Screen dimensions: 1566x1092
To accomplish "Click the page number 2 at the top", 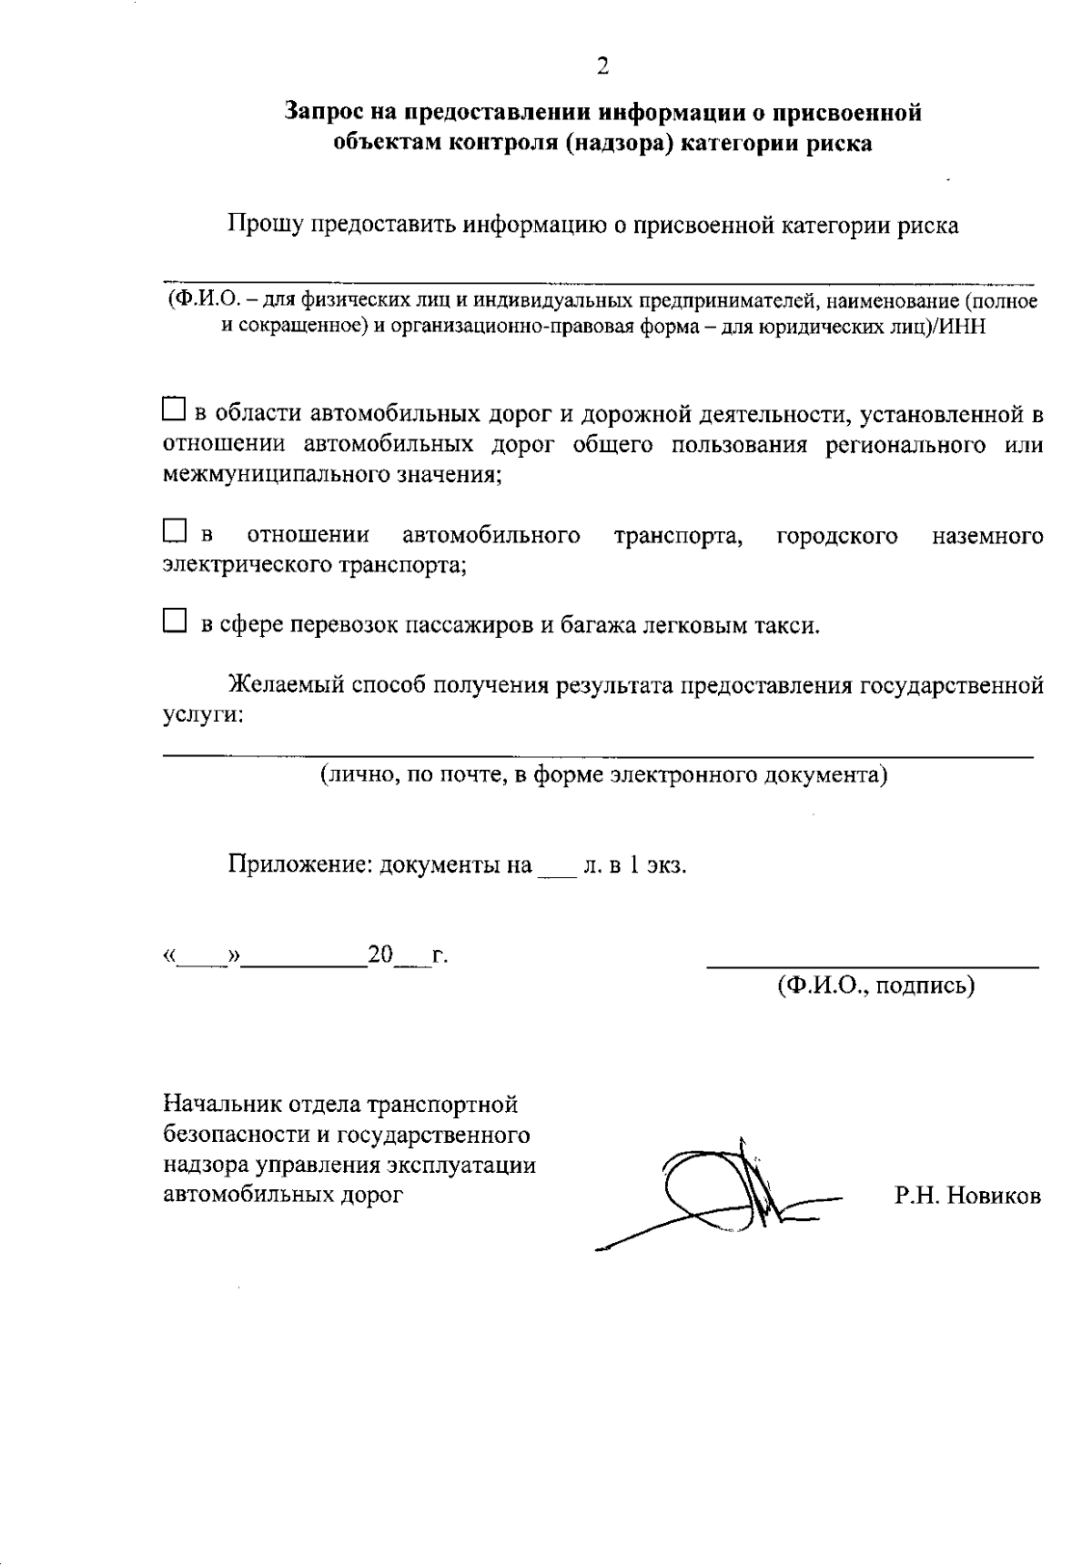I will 602,66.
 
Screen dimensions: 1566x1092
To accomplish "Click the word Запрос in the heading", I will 325,113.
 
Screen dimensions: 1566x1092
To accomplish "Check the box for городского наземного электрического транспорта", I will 174,530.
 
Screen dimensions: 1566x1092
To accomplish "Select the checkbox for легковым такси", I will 174,622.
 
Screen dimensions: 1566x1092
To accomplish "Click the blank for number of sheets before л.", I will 557,870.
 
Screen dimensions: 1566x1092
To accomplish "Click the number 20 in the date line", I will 379,955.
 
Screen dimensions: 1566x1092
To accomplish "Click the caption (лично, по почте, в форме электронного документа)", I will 602,774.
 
